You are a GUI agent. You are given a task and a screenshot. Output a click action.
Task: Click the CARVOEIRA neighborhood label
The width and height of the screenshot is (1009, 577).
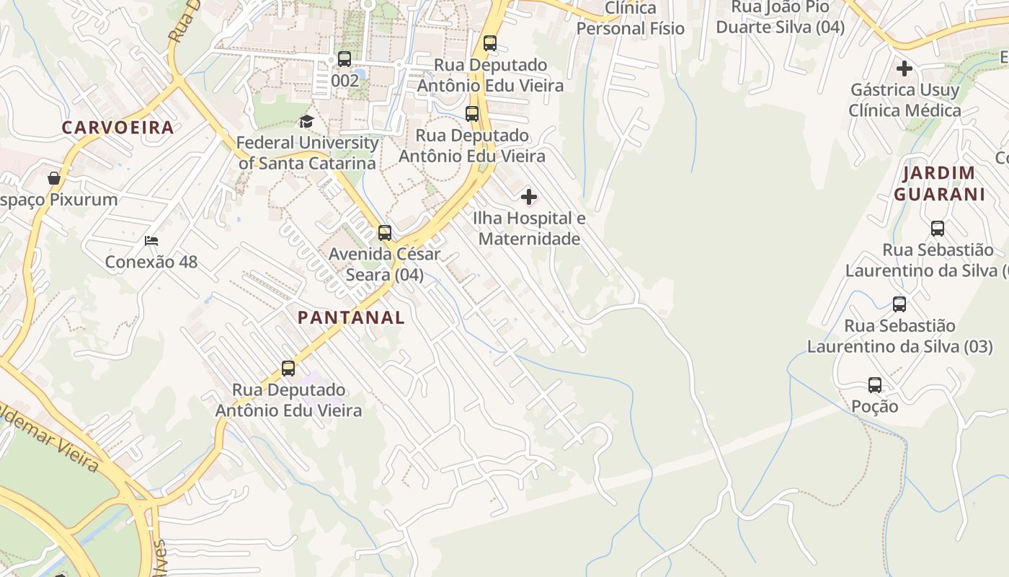tap(117, 128)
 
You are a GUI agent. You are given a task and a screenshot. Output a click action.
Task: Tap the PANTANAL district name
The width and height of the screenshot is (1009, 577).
tap(351, 317)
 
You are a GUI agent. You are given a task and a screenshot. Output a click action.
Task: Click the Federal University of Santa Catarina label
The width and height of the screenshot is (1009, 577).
tap(308, 153)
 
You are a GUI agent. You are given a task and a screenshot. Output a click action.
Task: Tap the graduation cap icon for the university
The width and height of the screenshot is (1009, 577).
tap(306, 121)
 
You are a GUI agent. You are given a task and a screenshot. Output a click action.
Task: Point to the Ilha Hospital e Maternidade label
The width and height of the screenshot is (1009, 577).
tap(529, 228)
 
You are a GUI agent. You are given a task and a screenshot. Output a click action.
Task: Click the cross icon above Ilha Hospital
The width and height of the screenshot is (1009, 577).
tap(529, 197)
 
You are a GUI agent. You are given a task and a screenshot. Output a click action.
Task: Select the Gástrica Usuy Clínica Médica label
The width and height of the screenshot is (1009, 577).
tap(904, 100)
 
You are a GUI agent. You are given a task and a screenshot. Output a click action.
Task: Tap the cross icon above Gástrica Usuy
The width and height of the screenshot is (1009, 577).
tap(904, 69)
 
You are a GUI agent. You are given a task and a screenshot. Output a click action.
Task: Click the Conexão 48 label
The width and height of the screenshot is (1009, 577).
tap(151, 262)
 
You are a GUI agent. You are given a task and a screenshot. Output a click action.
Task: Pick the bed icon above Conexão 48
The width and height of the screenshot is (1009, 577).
tap(151, 240)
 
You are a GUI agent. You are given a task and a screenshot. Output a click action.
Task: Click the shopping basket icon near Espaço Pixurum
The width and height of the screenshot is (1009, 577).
tap(54, 178)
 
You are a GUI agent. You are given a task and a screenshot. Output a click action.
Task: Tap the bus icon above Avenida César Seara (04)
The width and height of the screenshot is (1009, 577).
tap(385, 233)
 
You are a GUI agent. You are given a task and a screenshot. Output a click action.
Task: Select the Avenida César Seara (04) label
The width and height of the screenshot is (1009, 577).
tap(385, 265)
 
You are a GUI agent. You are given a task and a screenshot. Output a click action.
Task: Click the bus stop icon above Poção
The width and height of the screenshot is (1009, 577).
tap(875, 385)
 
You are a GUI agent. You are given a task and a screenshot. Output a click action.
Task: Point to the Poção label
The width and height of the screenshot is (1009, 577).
tap(875, 407)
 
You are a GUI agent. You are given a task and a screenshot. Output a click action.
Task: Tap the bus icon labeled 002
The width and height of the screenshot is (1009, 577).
tap(345, 59)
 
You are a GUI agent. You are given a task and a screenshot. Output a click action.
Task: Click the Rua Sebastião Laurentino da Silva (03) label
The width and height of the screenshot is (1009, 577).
tap(899, 336)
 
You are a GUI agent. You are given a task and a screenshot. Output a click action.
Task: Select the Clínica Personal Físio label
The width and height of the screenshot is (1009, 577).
tap(631, 19)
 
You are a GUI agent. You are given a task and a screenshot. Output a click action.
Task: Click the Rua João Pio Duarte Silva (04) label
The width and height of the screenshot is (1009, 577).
tap(787, 17)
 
